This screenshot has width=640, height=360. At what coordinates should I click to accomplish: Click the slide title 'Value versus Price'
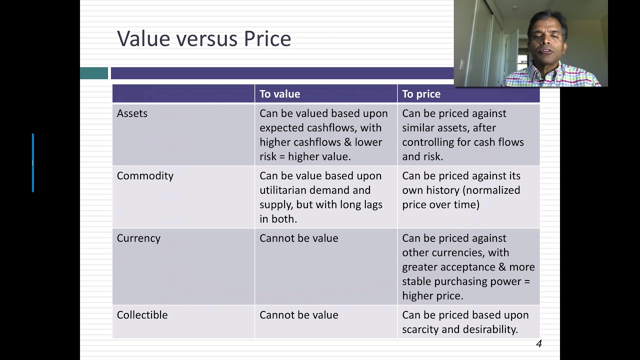(x=204, y=38)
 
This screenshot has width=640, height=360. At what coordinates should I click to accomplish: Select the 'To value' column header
(x=279, y=94)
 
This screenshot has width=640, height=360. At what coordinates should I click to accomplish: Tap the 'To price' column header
(x=421, y=94)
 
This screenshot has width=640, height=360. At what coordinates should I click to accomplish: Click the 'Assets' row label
(x=132, y=113)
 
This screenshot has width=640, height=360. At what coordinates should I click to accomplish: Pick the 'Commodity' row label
(x=145, y=176)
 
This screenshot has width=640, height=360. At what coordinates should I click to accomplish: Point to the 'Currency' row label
(x=138, y=238)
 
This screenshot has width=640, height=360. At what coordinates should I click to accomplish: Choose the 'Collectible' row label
(x=142, y=315)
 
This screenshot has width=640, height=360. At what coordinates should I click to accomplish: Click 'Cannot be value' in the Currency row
(x=298, y=238)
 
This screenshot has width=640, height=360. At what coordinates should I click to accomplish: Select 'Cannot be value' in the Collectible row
(x=298, y=315)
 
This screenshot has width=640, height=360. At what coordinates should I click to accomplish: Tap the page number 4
(x=538, y=343)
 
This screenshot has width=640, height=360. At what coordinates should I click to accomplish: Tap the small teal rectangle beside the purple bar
(x=94, y=73)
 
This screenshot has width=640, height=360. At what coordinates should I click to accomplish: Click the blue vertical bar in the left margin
(x=33, y=162)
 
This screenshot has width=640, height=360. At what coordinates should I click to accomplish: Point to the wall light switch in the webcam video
(x=461, y=64)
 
